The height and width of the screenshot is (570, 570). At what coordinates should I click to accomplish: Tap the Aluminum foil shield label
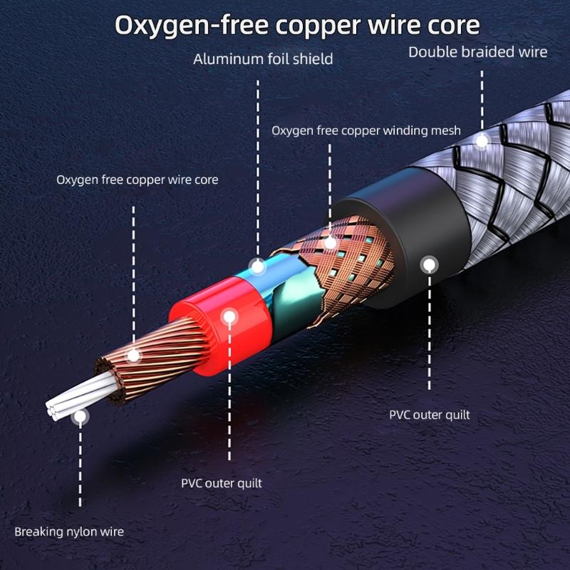pyautogui.click(x=263, y=58)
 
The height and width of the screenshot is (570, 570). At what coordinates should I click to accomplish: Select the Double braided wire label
pyautogui.click(x=477, y=51)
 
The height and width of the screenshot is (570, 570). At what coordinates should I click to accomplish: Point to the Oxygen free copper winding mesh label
pyautogui.click(x=366, y=130)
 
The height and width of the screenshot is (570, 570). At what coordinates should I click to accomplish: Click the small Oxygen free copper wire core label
pyautogui.click(x=138, y=180)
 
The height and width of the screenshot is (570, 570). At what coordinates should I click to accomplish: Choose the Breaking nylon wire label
pyautogui.click(x=69, y=532)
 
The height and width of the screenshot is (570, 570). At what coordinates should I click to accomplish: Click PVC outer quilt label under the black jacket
pyautogui.click(x=430, y=415)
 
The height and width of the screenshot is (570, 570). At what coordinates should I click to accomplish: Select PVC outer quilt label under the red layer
pyautogui.click(x=222, y=483)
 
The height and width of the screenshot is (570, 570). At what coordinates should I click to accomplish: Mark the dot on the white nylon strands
pyautogui.click(x=81, y=414)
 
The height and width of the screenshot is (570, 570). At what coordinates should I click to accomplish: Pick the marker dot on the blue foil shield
pyautogui.click(x=258, y=268)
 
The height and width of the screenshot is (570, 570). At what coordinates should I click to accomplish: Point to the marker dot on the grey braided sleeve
pyautogui.click(x=482, y=140)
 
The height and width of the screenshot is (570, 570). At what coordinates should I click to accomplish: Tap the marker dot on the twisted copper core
pyautogui.click(x=133, y=355)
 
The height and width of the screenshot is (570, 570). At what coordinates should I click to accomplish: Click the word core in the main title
pyautogui.click(x=448, y=25)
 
